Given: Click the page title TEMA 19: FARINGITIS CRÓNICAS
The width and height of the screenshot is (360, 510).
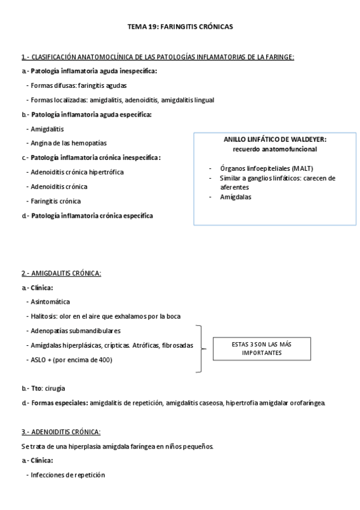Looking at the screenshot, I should [180, 27].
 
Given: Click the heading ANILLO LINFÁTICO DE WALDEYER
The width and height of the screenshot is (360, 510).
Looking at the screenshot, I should [275, 140].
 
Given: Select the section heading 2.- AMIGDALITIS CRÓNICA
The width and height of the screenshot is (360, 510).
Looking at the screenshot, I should [61, 273].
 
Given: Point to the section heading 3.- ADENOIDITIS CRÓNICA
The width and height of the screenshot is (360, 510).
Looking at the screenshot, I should [61, 432].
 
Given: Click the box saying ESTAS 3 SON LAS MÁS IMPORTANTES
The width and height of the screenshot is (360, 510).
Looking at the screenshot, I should [261, 348].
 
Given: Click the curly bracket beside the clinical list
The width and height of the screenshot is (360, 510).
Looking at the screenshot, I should [199, 349].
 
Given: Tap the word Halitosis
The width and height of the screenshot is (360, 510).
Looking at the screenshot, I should [44, 316].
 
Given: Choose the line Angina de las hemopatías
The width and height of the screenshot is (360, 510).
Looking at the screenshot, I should [69, 143].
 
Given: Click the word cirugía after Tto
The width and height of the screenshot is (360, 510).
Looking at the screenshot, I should [54, 388].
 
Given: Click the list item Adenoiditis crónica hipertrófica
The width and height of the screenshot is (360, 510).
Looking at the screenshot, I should [77, 172].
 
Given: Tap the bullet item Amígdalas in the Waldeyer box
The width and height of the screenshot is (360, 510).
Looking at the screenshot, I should [236, 197].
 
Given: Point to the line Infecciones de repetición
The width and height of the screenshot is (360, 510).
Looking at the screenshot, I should [67, 475].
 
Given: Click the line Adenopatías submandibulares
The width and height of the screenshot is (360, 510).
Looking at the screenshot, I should [75, 330].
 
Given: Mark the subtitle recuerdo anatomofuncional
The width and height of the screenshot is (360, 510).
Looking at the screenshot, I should [275, 149].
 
